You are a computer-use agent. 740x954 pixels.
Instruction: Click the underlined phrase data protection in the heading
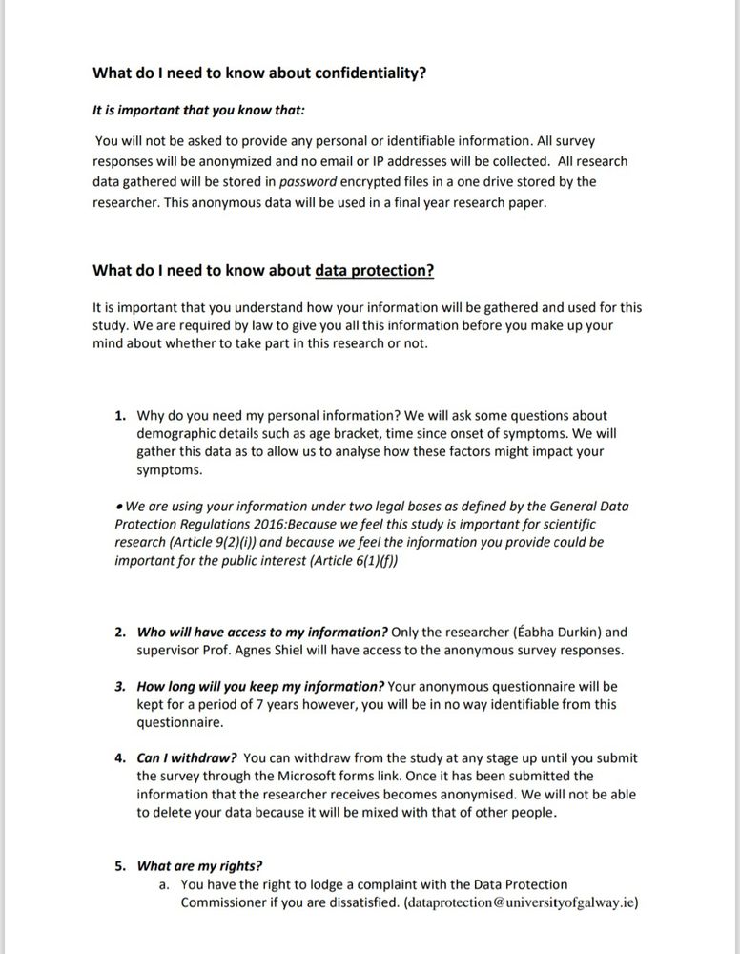[374, 270]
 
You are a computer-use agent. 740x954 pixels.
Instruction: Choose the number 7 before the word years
[241, 705]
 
